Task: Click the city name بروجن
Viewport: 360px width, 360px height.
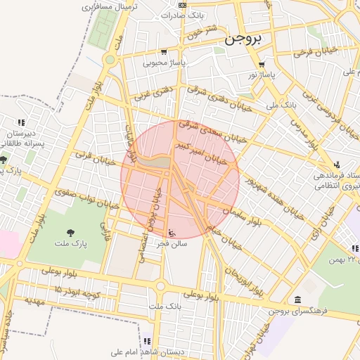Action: (243, 41)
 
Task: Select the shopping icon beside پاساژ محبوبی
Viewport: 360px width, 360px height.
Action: (164, 51)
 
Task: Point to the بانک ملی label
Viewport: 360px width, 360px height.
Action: (281, 105)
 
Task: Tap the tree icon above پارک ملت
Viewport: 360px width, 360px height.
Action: (70, 233)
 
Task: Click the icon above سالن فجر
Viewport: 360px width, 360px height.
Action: (174, 233)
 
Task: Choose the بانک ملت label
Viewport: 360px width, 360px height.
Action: (165, 307)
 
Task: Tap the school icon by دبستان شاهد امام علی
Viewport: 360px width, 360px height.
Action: (148, 341)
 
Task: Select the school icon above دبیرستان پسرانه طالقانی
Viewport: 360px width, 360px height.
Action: (22, 122)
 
